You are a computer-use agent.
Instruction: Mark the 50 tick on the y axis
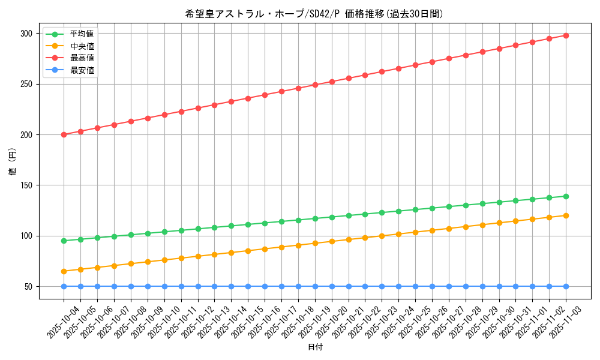[29, 286]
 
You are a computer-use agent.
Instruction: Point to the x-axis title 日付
[315, 347]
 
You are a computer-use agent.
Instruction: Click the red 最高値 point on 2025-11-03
[566, 35]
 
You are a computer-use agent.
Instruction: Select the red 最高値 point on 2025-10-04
[64, 134]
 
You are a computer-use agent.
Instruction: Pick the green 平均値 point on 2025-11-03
[566, 196]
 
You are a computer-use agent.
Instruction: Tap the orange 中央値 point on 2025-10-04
[64, 271]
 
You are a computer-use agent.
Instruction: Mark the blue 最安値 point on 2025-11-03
[566, 286]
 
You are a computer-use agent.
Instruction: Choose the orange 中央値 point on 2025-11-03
[566, 215]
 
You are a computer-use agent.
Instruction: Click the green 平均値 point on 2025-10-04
[64, 241]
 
